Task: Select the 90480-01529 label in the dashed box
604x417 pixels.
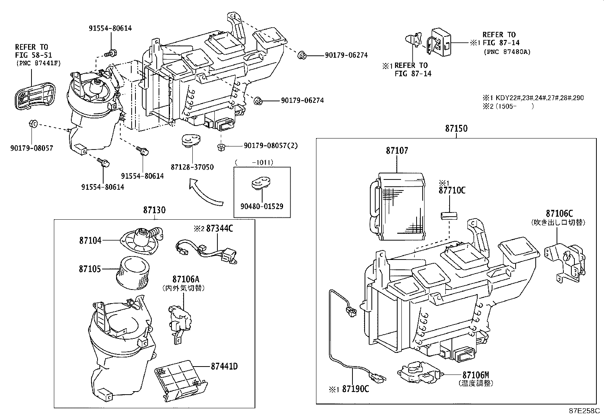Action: click(x=261, y=206)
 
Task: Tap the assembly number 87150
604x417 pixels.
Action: click(x=456, y=129)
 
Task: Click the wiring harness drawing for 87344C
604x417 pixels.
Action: click(x=207, y=250)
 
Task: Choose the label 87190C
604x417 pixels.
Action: click(x=355, y=389)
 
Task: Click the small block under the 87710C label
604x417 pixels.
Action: click(x=449, y=216)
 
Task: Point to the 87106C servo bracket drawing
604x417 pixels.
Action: click(x=565, y=262)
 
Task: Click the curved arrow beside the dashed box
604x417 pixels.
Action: click(x=205, y=194)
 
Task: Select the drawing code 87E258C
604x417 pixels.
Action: click(x=584, y=411)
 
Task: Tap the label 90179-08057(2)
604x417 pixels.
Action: click(x=271, y=146)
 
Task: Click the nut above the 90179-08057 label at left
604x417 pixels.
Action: click(x=33, y=123)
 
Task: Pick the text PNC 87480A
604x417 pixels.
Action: click(x=507, y=52)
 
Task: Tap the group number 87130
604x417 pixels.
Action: click(x=154, y=210)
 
